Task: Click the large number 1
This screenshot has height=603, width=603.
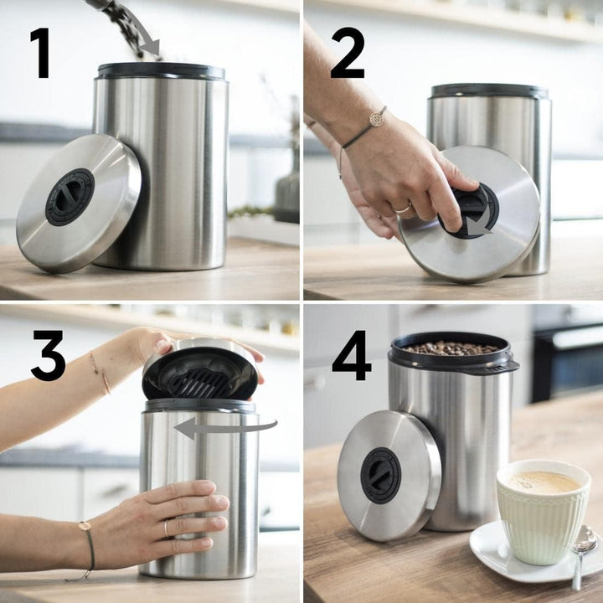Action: click(39, 52)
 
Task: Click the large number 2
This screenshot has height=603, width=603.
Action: click(347, 52)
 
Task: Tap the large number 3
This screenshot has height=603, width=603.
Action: click(48, 355)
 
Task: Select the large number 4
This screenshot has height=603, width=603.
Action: click(351, 355)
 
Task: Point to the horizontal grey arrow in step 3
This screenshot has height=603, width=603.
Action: click(224, 428)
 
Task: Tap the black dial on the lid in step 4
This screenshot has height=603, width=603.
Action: click(380, 475)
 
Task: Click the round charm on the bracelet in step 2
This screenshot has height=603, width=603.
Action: click(377, 119)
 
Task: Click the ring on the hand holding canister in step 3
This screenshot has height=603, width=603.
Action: click(166, 528)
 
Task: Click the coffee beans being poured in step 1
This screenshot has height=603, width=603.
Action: click(126, 25)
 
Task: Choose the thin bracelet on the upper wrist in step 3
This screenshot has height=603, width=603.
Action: click(100, 372)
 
